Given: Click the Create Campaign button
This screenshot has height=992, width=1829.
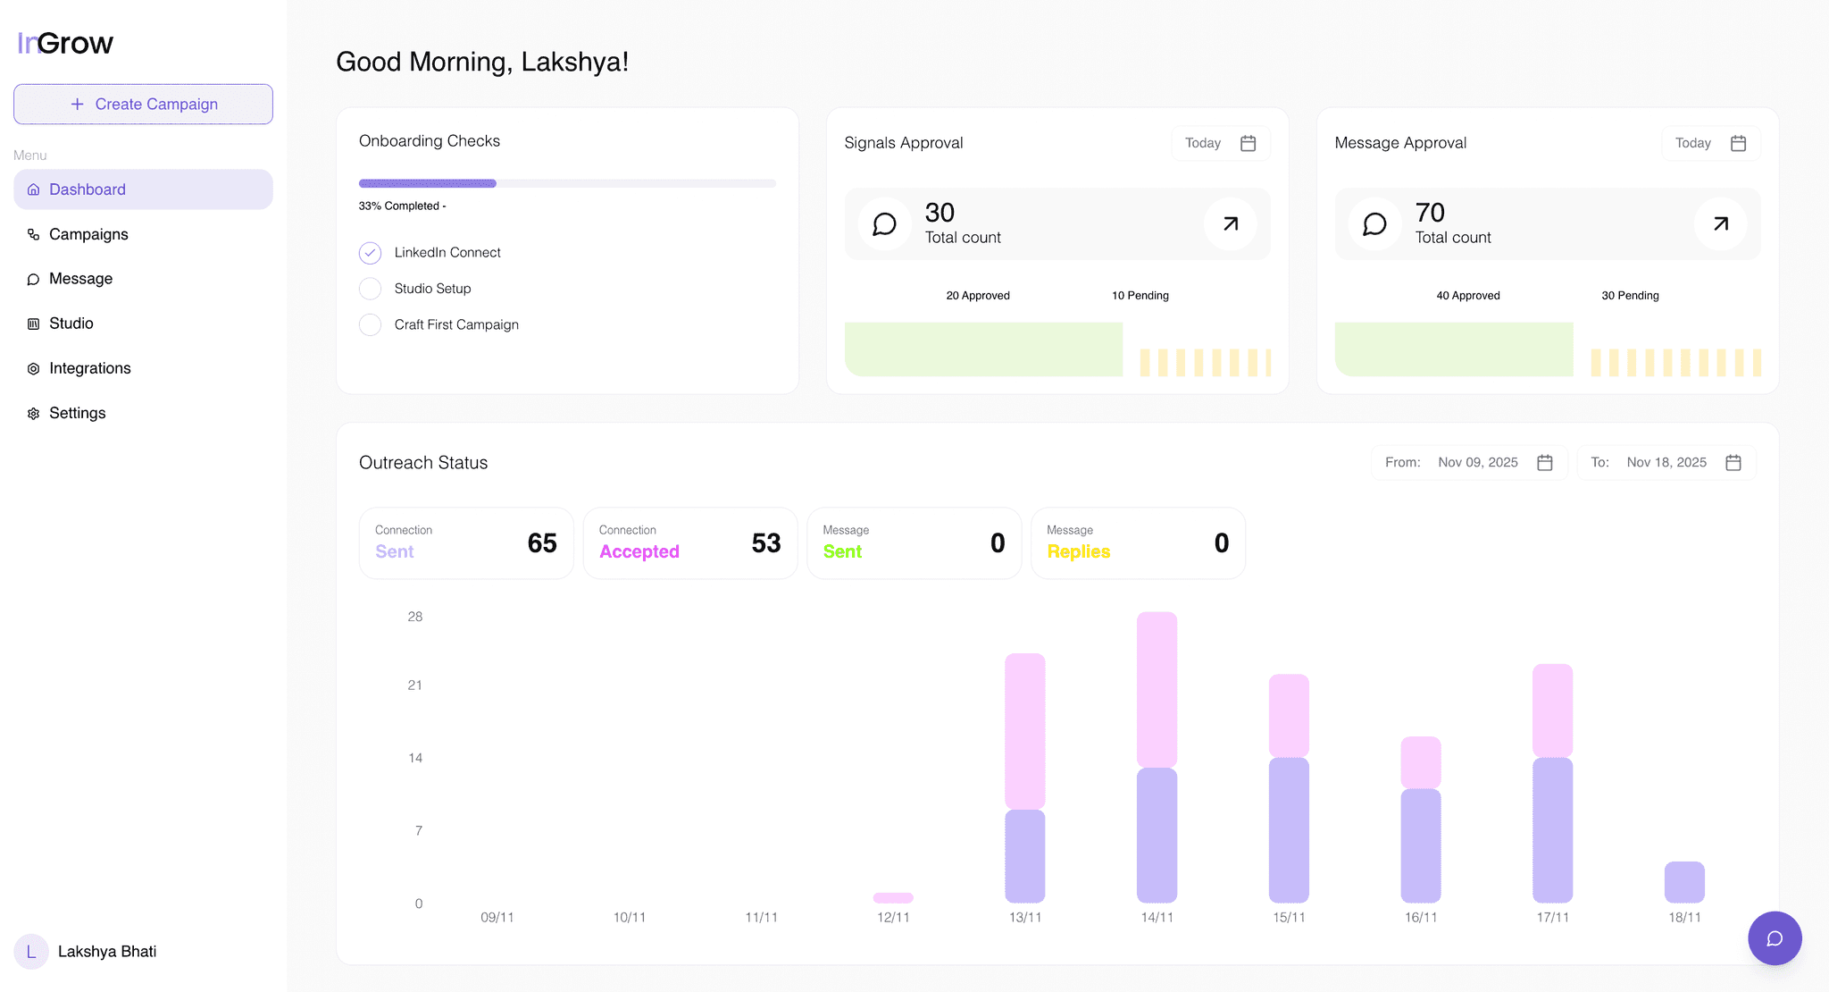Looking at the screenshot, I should tap(143, 105).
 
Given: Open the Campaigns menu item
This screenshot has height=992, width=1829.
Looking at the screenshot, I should tap(88, 234).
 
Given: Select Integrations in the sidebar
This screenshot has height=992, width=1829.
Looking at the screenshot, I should tap(89, 368).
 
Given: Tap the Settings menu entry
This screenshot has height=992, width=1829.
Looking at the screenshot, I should tap(77, 413).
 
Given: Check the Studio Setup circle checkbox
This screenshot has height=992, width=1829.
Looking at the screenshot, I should tap(370, 289).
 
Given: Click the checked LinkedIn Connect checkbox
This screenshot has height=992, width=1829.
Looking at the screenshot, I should tap(370, 253).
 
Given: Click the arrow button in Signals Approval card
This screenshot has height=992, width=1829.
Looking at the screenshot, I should tap(1230, 224).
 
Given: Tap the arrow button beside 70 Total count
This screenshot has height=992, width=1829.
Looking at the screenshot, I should tap(1720, 224).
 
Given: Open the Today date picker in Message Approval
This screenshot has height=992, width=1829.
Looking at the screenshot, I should tap(1710, 143).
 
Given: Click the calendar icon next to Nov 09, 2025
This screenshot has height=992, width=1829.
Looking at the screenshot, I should tap(1545, 463).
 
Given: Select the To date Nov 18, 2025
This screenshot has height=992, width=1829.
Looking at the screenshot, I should tap(1666, 463).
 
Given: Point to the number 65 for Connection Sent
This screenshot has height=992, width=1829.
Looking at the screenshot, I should tap(541, 543).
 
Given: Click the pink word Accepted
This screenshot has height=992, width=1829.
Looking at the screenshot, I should tap(639, 552).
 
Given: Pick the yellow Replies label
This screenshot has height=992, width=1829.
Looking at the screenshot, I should tap(1078, 552).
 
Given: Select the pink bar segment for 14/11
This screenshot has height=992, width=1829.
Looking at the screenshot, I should tap(1157, 688).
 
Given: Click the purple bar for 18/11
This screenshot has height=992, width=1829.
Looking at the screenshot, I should tap(1684, 882).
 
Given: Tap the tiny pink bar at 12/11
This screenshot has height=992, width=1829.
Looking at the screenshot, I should tap(893, 897).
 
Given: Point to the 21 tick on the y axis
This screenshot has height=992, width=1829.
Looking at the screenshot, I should tap(414, 685).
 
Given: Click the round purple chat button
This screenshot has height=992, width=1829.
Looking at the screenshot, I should tap(1775, 938).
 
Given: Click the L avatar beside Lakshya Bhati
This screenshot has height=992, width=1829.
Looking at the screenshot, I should tap(31, 952).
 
